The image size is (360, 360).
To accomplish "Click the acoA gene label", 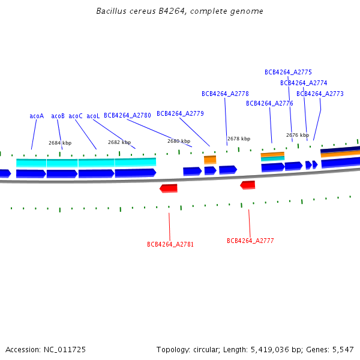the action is pos(37,116).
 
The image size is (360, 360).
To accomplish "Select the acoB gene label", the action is pos(58,116).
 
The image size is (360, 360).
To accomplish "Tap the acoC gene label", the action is pos(76,116).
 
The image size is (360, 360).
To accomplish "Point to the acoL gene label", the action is pos(93,116).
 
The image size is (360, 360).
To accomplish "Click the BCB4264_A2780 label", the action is pos(127,115).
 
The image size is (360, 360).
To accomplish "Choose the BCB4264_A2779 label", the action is pos(180,113).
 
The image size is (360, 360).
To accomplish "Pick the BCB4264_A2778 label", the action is pos(225,94).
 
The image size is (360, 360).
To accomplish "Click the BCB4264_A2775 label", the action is pos(288,72).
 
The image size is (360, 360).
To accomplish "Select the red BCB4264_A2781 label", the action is pos(170,244).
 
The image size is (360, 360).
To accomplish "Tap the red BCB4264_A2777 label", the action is pos(250,241).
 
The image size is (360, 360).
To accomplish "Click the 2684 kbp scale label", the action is pos(60,143).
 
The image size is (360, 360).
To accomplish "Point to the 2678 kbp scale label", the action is pos(239,139).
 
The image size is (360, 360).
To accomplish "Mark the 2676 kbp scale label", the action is pos(298,135).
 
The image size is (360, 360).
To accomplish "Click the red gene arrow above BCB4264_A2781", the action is pos(169,188).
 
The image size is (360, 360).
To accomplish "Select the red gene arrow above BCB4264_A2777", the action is pos(247,185).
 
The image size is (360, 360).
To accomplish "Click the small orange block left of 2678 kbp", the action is pos(210,160).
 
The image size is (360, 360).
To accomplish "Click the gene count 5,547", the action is pos(343,350).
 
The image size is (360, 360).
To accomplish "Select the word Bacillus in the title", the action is pos(111,11).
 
